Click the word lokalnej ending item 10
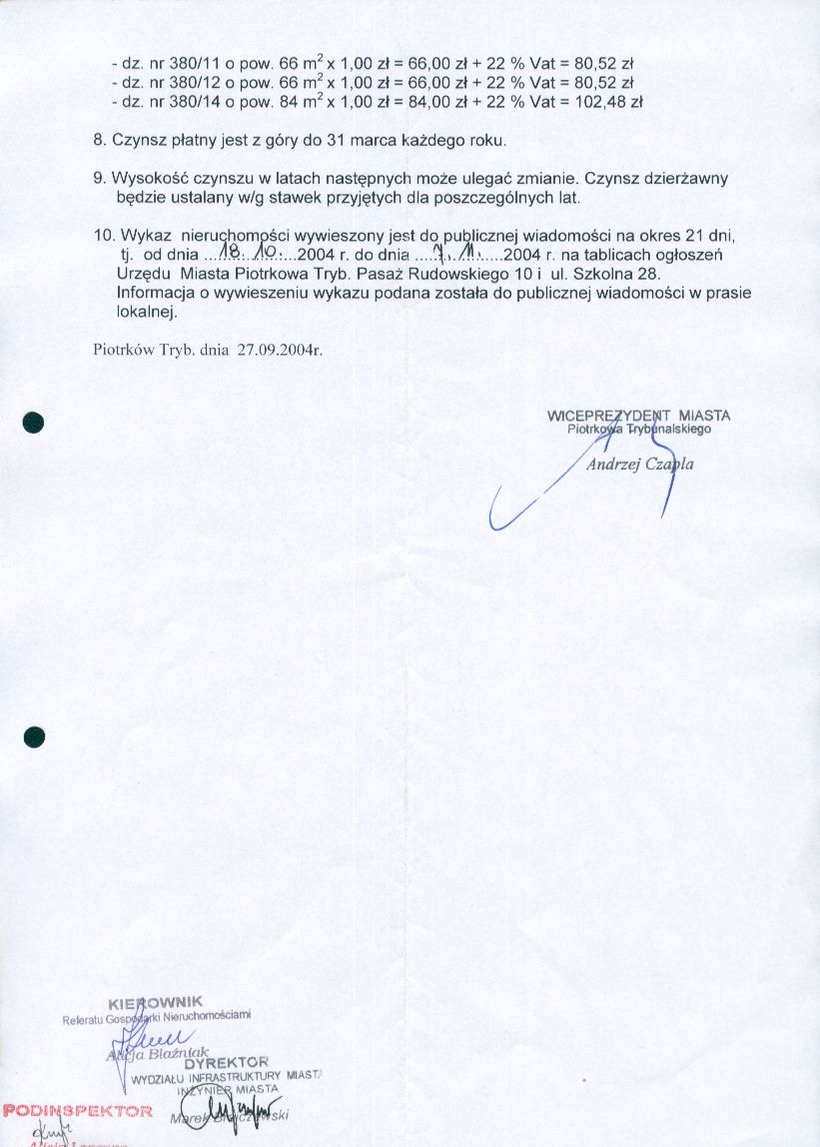pyautogui.click(x=146, y=312)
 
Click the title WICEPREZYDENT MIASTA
pyautogui.click(x=638, y=416)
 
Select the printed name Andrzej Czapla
pyautogui.click(x=639, y=465)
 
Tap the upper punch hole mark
pyautogui.click(x=35, y=421)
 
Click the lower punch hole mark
pyautogui.click(x=35, y=737)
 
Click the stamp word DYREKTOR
pyautogui.click(x=227, y=1061)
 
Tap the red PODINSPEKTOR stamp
pyautogui.click(x=78, y=1110)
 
